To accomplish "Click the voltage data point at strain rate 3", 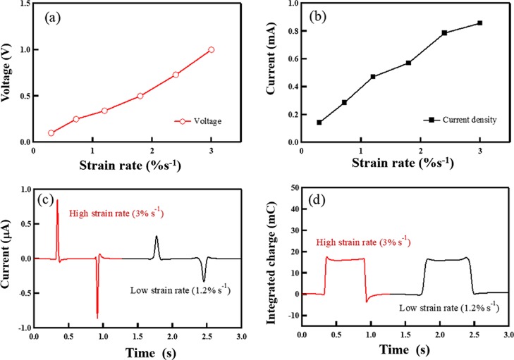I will tap(211, 49).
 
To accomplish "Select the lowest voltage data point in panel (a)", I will tap(51, 132).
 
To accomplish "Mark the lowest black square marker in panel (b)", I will tap(319, 123).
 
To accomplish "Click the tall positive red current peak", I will tap(57, 203).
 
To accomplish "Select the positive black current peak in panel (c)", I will tap(157, 237).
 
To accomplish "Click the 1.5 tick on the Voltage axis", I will tap(25, 4).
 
